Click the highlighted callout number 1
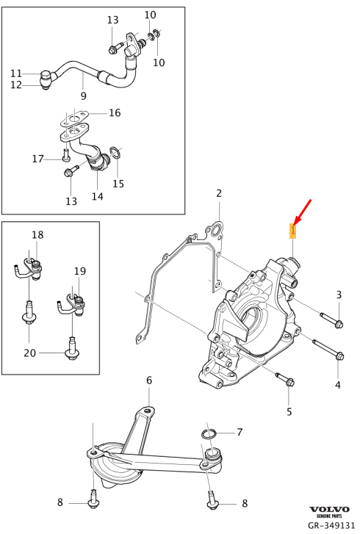pos(292,231)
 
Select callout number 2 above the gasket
pos(218,193)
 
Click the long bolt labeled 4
pos(328,351)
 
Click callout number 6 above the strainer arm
pos(148,380)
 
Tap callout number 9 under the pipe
pos(83,96)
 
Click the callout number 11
pos(16,73)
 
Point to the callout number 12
pos(16,85)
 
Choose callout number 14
pos(98,197)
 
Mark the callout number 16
pos(115,112)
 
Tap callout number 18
pos(37,234)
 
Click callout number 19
pos(79,271)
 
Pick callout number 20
pos(29,353)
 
